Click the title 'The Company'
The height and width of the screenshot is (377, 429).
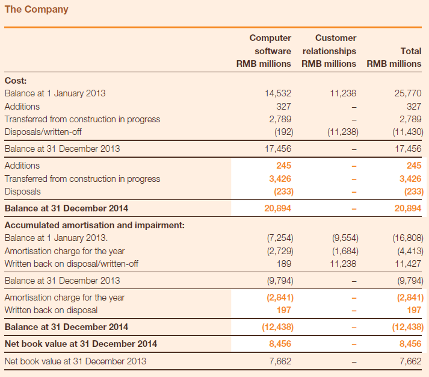pos(36,10)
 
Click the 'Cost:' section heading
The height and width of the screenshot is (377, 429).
pos(16,81)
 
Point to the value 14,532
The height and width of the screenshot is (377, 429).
pos(278,93)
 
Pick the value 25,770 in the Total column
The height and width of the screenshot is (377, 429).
pos(408,93)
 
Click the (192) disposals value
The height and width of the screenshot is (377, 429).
pos(284,132)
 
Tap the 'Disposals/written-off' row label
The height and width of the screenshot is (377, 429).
pos(43,132)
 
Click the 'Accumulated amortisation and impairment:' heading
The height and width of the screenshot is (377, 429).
pos(94,225)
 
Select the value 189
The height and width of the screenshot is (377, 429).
pos(284,264)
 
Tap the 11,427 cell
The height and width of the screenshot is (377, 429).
pos(408,264)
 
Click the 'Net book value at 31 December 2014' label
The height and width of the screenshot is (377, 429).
pos(81,344)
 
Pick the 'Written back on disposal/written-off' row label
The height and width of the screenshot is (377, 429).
pos(72,264)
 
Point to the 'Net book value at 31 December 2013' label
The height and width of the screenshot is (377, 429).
pos(76,361)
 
